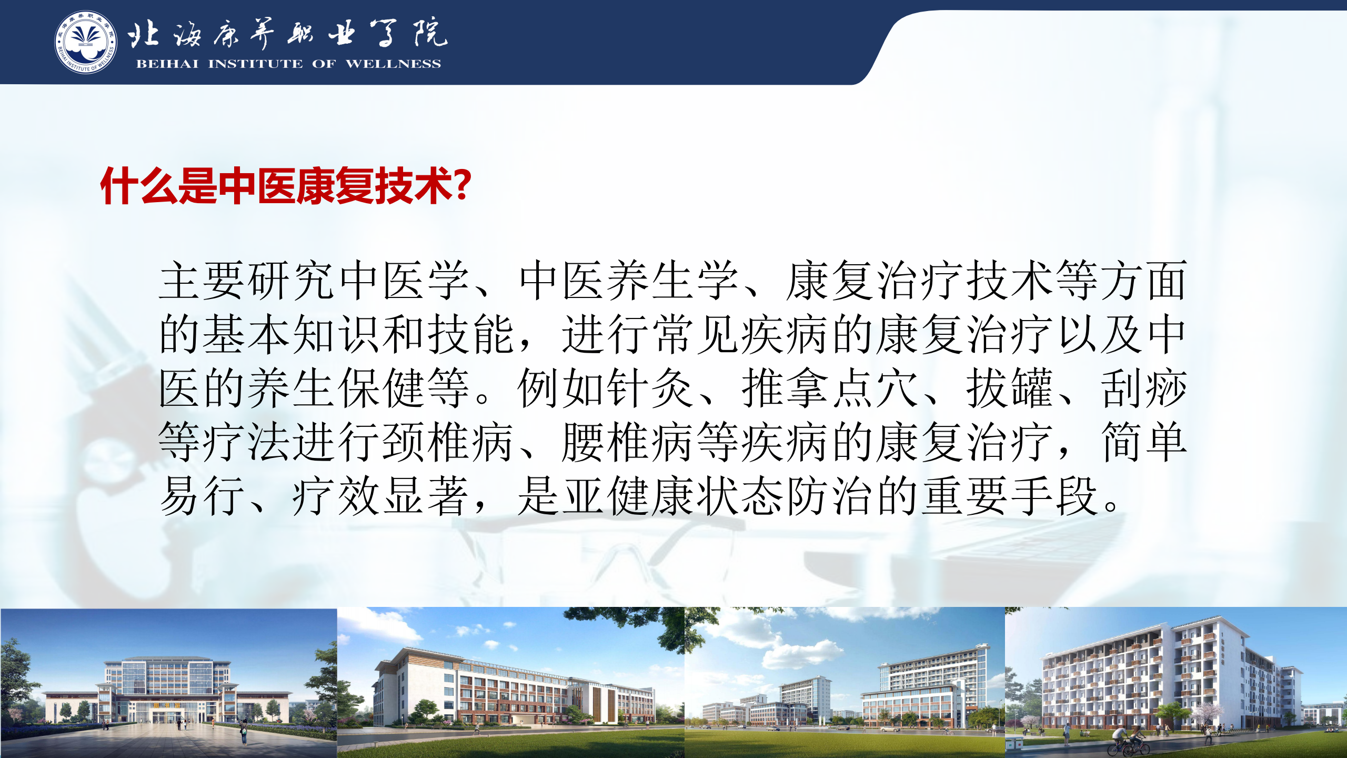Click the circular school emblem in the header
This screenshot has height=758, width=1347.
pyautogui.click(x=86, y=42)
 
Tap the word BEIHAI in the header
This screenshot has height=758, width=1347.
pyautogui.click(x=167, y=64)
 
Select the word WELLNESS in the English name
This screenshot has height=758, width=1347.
pyautogui.click(x=393, y=64)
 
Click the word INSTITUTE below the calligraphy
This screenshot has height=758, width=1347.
pyautogui.click(x=256, y=64)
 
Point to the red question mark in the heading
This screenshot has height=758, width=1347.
pyautogui.click(x=461, y=185)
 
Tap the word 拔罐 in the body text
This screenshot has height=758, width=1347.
pyautogui.click(x=1010, y=388)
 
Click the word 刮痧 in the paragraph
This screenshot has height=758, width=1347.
pyautogui.click(x=1144, y=388)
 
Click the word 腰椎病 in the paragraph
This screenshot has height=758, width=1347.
pyautogui.click(x=629, y=442)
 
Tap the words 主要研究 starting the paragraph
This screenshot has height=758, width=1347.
pyautogui.click(x=248, y=281)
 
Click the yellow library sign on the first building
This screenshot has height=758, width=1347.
pyautogui.click(x=167, y=705)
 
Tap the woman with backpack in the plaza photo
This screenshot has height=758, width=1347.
pyautogui.click(x=244, y=732)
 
